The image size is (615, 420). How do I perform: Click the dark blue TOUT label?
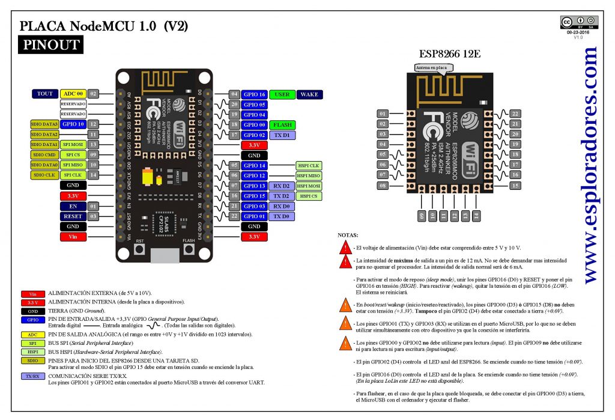[44, 94]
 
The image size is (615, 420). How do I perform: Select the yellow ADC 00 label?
[73, 94]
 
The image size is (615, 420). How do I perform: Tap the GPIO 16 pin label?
[254, 94]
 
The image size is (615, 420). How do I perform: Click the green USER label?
[282, 94]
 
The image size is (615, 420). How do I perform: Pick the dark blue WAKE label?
[309, 94]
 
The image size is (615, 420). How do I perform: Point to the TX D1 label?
[282, 135]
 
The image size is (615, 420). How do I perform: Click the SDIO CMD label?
[44, 155]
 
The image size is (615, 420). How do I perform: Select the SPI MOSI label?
[73, 145]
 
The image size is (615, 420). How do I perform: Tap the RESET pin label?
[73, 216]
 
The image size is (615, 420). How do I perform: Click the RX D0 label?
[282, 206]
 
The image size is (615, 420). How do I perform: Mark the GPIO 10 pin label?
[73, 124]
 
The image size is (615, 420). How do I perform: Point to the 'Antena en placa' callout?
[431, 68]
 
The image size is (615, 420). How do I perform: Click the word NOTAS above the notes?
[348, 235]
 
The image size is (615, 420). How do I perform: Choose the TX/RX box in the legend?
[32, 376]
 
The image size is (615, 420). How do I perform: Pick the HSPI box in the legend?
[32, 352]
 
